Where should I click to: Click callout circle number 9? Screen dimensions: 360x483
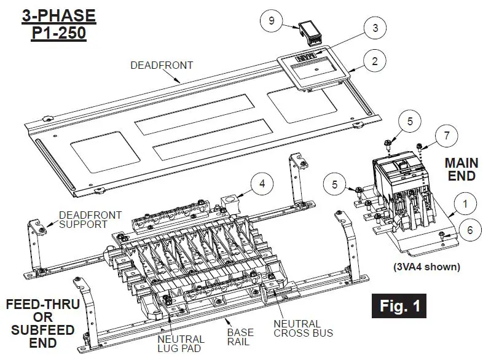[x=271, y=20]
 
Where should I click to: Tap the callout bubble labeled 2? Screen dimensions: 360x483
[x=374, y=61]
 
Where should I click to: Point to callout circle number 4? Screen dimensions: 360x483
[x=261, y=182]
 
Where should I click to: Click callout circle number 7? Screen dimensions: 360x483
[x=447, y=135]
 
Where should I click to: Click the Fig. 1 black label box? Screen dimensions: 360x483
[x=399, y=307]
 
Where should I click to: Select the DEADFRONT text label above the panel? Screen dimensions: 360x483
[x=162, y=65]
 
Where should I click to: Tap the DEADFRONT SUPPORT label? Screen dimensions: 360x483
[x=90, y=220]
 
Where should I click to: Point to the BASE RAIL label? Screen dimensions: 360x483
[x=240, y=337]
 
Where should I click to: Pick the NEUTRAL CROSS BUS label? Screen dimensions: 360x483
[x=304, y=328]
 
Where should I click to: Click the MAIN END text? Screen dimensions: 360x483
[x=460, y=170]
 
